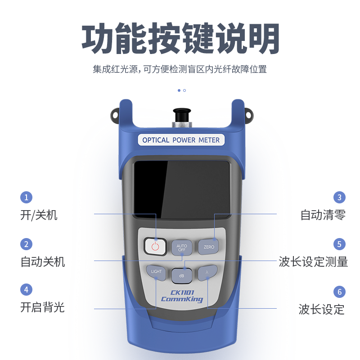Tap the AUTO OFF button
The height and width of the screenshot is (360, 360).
click(x=182, y=247)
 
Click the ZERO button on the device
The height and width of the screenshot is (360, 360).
click(x=208, y=247)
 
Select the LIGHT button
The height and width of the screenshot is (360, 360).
click(x=156, y=273)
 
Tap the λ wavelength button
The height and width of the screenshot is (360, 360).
click(x=207, y=273)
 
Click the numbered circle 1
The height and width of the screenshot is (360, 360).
click(x=26, y=197)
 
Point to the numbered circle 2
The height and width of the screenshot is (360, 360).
click(x=26, y=244)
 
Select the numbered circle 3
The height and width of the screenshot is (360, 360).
click(x=339, y=197)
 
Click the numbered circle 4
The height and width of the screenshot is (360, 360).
click(x=26, y=289)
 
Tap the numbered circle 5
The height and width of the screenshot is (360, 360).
click(x=339, y=244)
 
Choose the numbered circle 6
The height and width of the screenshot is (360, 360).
click(x=339, y=292)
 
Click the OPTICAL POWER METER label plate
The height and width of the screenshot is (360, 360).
click(x=181, y=140)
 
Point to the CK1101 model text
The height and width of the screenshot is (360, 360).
click(x=182, y=292)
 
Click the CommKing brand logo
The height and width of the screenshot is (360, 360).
click(x=182, y=299)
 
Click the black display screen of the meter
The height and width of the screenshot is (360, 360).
click(x=182, y=189)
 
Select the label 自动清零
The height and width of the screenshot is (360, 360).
click(x=323, y=215)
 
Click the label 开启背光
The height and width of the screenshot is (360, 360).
click(x=42, y=307)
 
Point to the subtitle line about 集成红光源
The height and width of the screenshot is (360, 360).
click(x=180, y=69)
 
